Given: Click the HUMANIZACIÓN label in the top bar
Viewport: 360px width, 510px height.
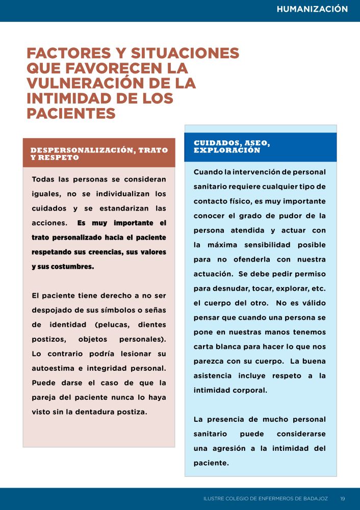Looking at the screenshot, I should coord(312,9).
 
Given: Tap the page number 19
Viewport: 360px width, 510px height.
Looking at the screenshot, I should coord(343,498).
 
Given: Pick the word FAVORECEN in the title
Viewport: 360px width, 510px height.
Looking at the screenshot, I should coord(103,68).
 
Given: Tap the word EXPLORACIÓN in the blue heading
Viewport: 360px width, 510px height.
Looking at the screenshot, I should coord(227,150).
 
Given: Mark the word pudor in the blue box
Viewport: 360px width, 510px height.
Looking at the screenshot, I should coord(277,216).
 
